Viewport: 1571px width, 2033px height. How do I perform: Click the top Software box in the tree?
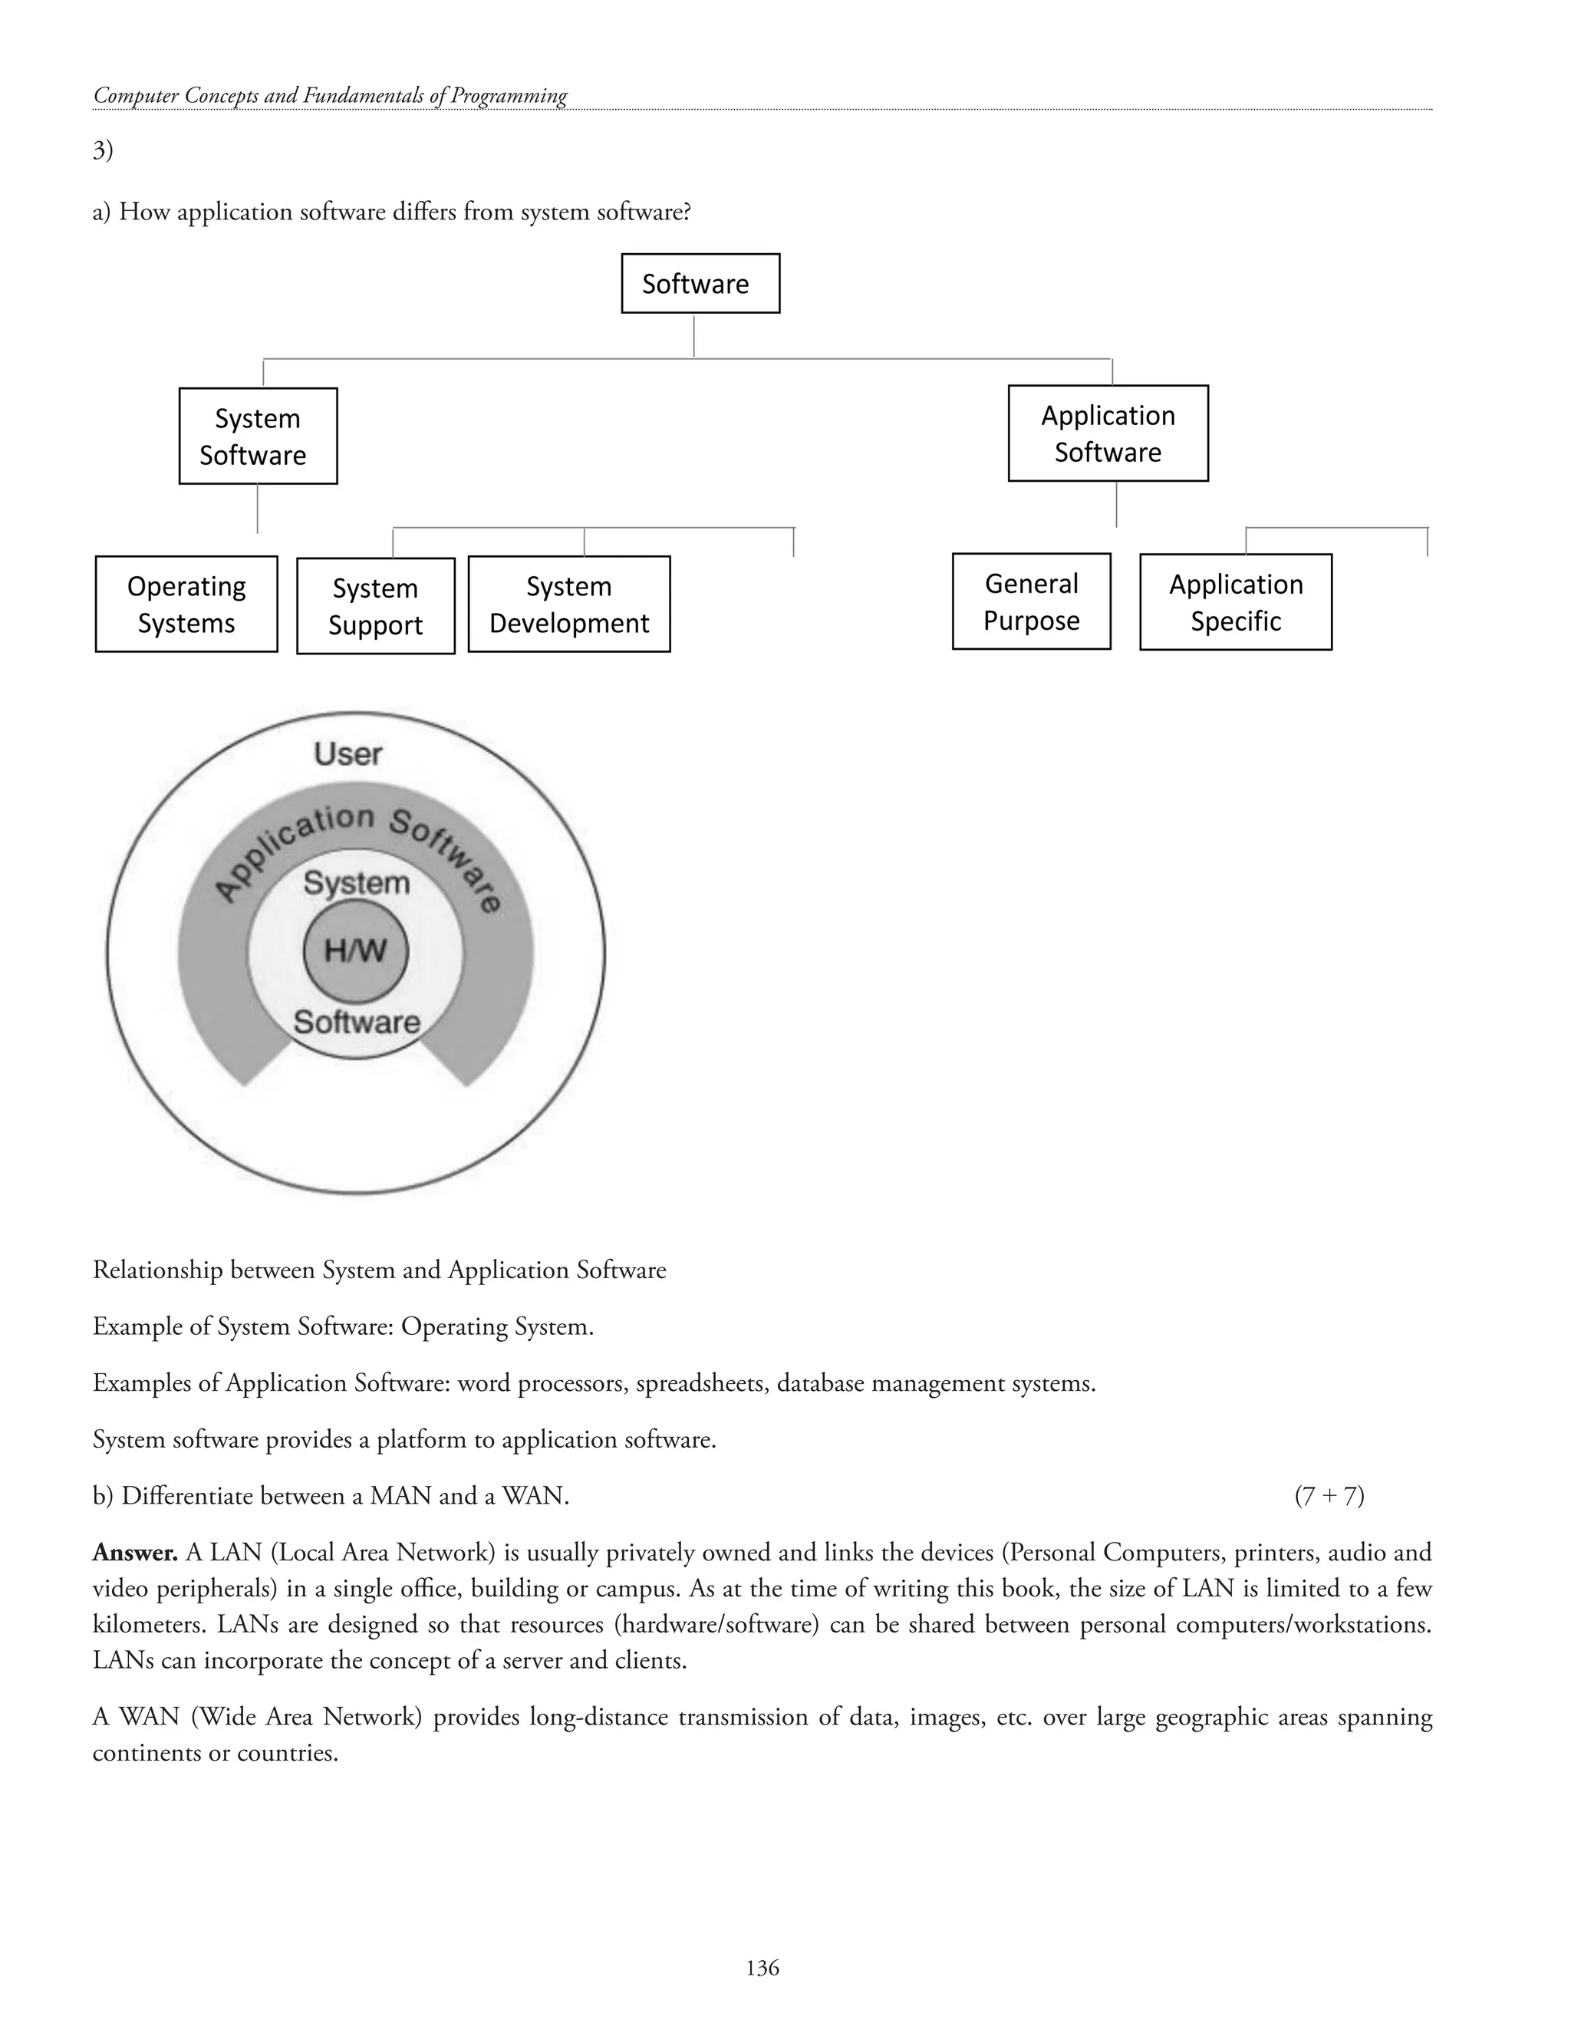pyautogui.click(x=700, y=283)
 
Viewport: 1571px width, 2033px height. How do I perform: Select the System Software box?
pyautogui.click(x=258, y=436)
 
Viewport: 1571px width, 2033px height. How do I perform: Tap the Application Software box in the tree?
pyautogui.click(x=1108, y=433)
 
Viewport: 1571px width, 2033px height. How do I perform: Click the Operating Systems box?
pyautogui.click(x=186, y=604)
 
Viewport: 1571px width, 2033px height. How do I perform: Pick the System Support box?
pyautogui.click(x=375, y=606)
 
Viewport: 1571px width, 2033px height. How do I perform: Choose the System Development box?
pyautogui.click(x=568, y=604)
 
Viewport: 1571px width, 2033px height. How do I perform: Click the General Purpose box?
pyautogui.click(x=1031, y=601)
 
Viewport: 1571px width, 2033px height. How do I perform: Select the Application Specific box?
pyautogui.click(x=1235, y=602)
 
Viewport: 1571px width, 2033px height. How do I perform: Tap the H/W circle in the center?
pyautogui.click(x=354, y=951)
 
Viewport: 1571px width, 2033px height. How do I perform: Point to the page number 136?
pyautogui.click(x=762, y=1967)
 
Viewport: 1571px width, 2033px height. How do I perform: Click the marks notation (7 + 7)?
pyautogui.click(x=1329, y=1496)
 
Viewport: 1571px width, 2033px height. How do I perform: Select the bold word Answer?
pyautogui.click(x=135, y=1553)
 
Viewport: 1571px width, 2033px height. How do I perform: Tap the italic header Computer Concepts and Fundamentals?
pyautogui.click(x=331, y=96)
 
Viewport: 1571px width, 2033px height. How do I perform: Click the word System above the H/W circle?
pyautogui.click(x=357, y=882)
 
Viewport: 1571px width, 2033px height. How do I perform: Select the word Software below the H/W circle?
pyautogui.click(x=357, y=1022)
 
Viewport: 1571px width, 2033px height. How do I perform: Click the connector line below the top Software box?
pyautogui.click(x=693, y=335)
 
